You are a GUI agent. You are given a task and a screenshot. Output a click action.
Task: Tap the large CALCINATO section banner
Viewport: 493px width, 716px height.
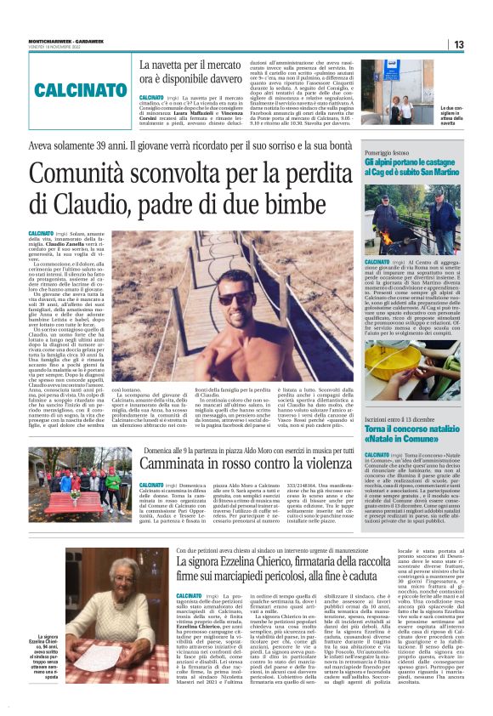pos(70,89)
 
